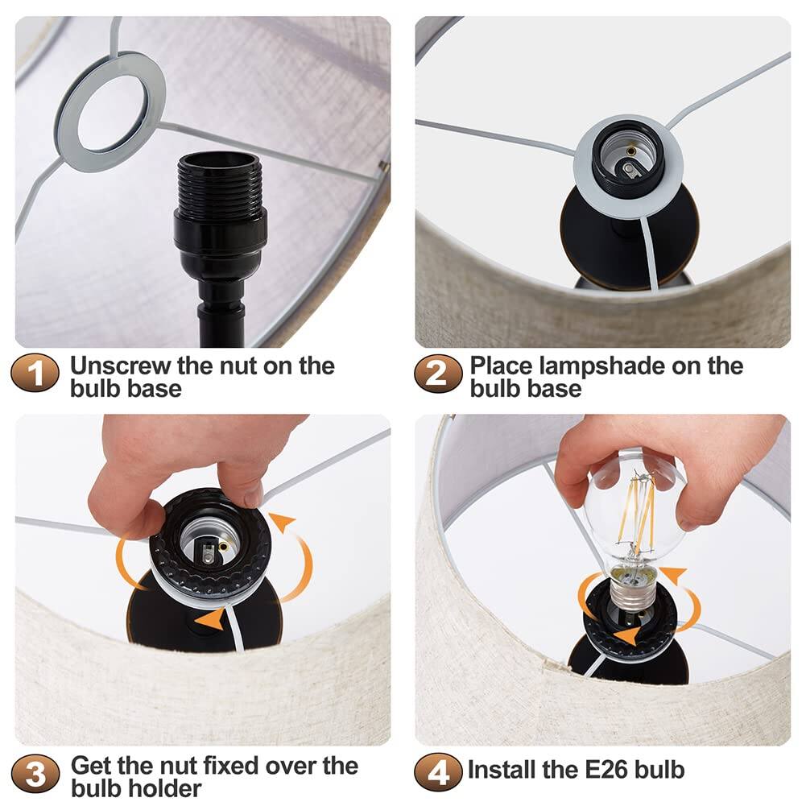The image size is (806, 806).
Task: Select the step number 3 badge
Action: (x=35, y=775)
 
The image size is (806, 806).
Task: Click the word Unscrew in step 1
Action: (x=120, y=365)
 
